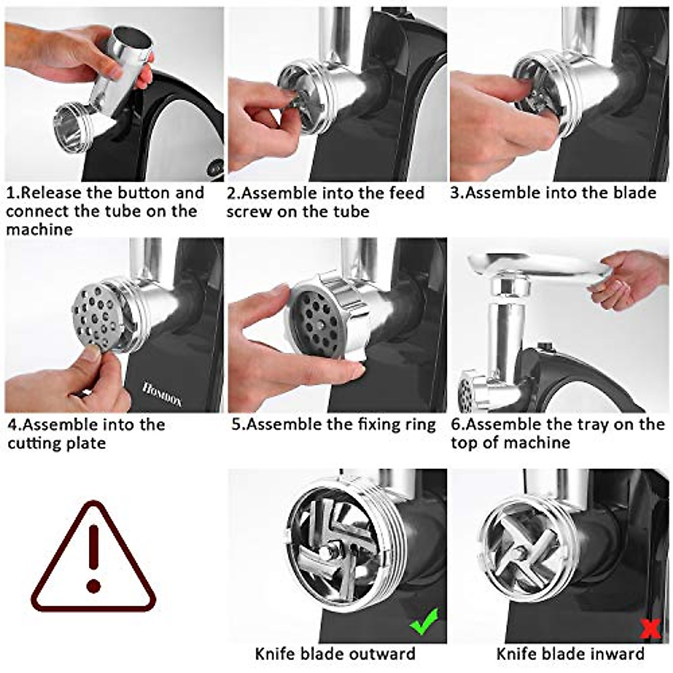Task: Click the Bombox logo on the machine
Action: [x=162, y=394]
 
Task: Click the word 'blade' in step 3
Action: [x=634, y=193]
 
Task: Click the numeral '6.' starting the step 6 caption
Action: [x=458, y=425]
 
